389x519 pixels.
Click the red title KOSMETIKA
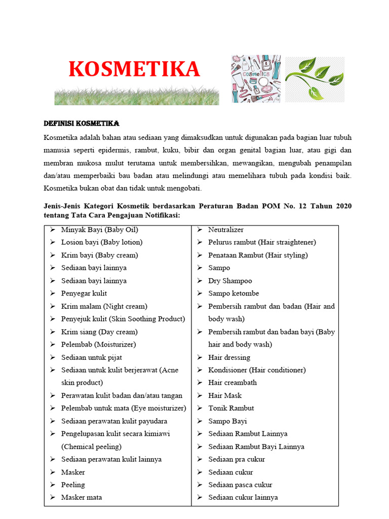tap(134, 69)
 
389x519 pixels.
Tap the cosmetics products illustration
tap(256, 79)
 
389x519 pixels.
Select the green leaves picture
tap(314, 79)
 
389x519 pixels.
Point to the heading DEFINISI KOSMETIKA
tap(82, 124)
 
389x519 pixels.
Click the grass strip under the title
tap(137, 95)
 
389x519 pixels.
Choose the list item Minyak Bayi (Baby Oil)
tap(99, 230)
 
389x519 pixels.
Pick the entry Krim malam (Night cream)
tap(104, 306)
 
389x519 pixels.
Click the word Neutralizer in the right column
tap(226, 230)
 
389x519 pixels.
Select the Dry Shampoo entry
tap(230, 281)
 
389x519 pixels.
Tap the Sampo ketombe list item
tap(233, 293)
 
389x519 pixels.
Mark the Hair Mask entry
tap(225, 395)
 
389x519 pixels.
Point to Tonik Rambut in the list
tap(231, 408)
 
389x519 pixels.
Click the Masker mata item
tap(81, 497)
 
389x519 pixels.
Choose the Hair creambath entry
tap(232, 383)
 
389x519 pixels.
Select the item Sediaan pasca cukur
tap(240, 485)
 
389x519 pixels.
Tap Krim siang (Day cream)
tap(99, 332)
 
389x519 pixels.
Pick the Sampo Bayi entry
tap(227, 421)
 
